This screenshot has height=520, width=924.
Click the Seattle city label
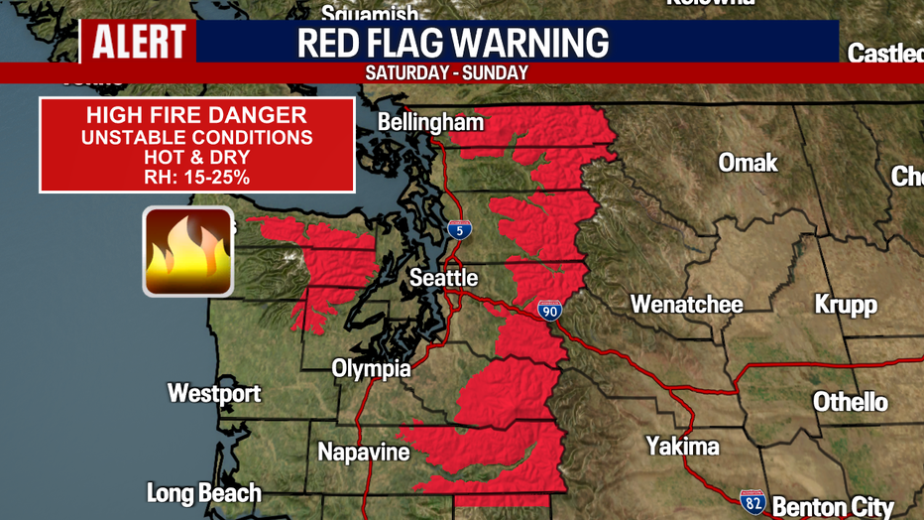pyautogui.click(x=444, y=278)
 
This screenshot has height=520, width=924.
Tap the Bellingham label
pyautogui.click(x=431, y=123)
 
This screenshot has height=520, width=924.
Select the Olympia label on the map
pyautogui.click(x=371, y=369)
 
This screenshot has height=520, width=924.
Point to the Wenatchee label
pyautogui.click(x=687, y=304)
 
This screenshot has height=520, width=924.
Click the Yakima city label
pyautogui.click(x=682, y=447)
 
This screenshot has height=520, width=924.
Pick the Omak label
pyautogui.click(x=749, y=162)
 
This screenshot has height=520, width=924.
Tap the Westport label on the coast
pyautogui.click(x=214, y=393)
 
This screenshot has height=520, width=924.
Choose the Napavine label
pyautogui.click(x=364, y=453)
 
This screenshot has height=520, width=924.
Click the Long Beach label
pyautogui.click(x=204, y=493)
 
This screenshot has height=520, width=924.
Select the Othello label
pyautogui.click(x=851, y=402)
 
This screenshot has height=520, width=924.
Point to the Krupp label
pyautogui.click(x=846, y=304)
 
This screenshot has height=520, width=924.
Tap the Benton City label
pyautogui.click(x=833, y=507)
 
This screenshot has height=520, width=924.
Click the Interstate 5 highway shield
pyautogui.click(x=459, y=229)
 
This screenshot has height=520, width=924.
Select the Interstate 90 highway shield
pyautogui.click(x=550, y=310)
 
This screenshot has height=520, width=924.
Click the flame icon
pyautogui.click(x=188, y=252)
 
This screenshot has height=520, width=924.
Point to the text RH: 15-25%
pyautogui.click(x=197, y=178)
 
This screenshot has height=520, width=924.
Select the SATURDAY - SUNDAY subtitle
pyautogui.click(x=446, y=73)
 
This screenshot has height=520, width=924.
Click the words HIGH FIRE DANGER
pyautogui.click(x=197, y=115)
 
